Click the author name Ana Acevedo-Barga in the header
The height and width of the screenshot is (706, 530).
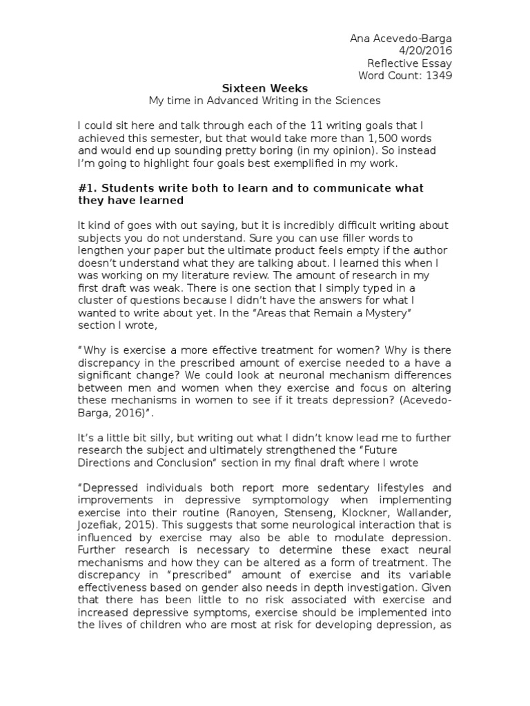[401, 38]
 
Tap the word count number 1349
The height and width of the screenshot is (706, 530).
[439, 75]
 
